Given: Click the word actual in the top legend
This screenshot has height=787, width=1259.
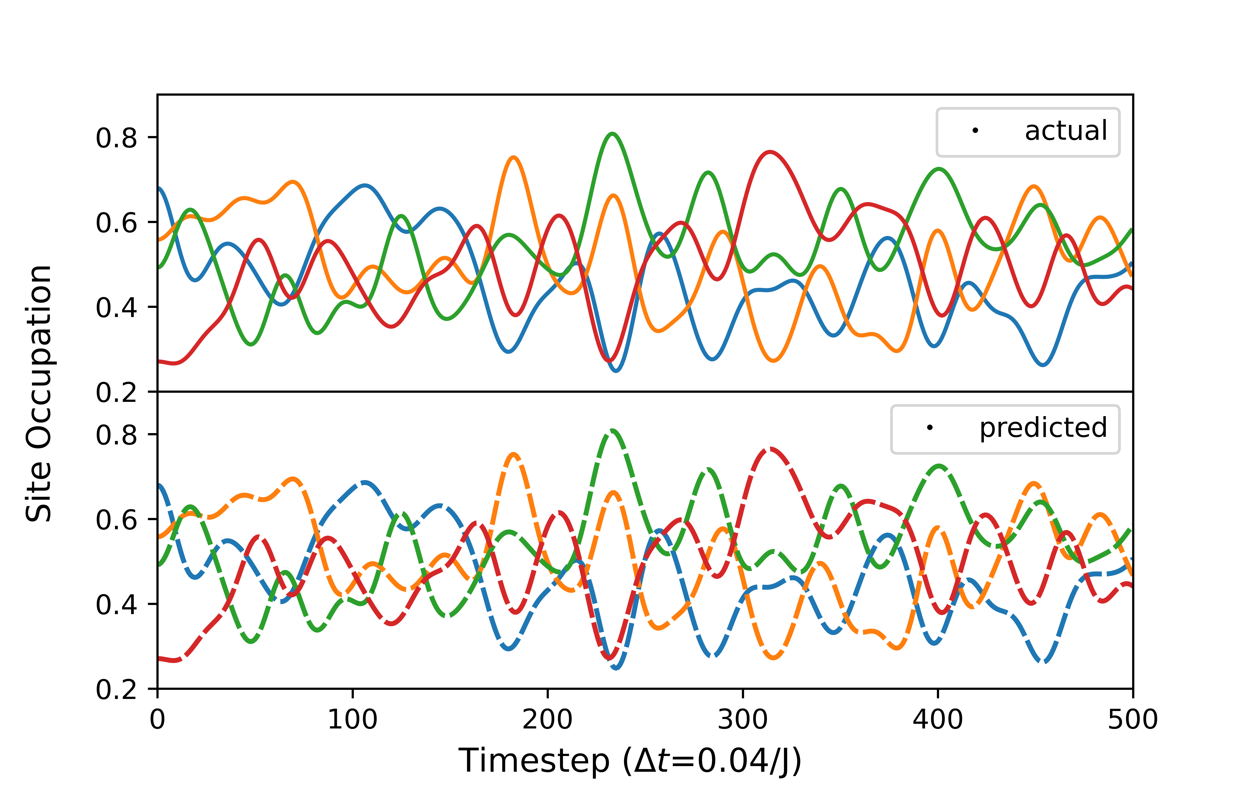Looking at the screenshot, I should [1065, 131].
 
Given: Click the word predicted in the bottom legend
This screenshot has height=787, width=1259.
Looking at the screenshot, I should [1043, 428].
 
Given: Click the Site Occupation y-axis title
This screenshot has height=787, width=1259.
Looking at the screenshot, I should [39, 393].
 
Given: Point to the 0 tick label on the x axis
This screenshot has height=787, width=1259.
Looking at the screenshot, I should [157, 720].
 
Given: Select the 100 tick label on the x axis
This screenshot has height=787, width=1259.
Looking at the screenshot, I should [352, 720].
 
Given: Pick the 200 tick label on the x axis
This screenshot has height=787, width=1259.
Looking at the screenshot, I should [547, 720].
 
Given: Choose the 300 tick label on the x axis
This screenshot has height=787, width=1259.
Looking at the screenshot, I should [742, 720].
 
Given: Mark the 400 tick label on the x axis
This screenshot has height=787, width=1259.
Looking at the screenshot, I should [937, 720].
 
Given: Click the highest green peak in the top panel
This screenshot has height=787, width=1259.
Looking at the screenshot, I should [612, 134].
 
